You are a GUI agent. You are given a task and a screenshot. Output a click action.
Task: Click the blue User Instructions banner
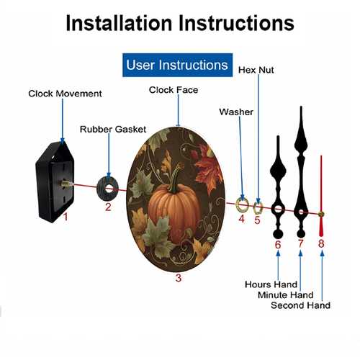[x=177, y=65]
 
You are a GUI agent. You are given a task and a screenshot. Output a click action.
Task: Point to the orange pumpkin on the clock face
[x=175, y=209]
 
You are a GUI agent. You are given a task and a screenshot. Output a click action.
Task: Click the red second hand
[x=321, y=197]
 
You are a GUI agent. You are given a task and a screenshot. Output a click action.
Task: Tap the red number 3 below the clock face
[x=179, y=278]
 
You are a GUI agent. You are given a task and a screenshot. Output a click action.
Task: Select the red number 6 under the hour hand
[x=278, y=245]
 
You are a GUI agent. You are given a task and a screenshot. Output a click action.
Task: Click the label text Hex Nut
[x=256, y=70]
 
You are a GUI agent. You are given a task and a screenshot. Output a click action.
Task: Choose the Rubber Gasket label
[x=113, y=130]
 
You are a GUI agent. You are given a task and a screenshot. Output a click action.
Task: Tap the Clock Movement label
[x=65, y=94]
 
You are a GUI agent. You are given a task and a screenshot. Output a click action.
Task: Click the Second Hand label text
[x=300, y=305]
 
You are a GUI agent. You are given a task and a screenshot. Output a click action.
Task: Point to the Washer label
[x=236, y=112]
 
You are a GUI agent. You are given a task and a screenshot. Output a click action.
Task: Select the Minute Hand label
[x=286, y=294]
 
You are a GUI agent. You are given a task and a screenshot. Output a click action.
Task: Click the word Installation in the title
[x=119, y=23]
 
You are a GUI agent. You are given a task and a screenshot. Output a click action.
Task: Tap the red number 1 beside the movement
[x=66, y=217]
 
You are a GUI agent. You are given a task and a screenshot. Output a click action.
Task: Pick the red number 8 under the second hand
[x=321, y=243]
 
